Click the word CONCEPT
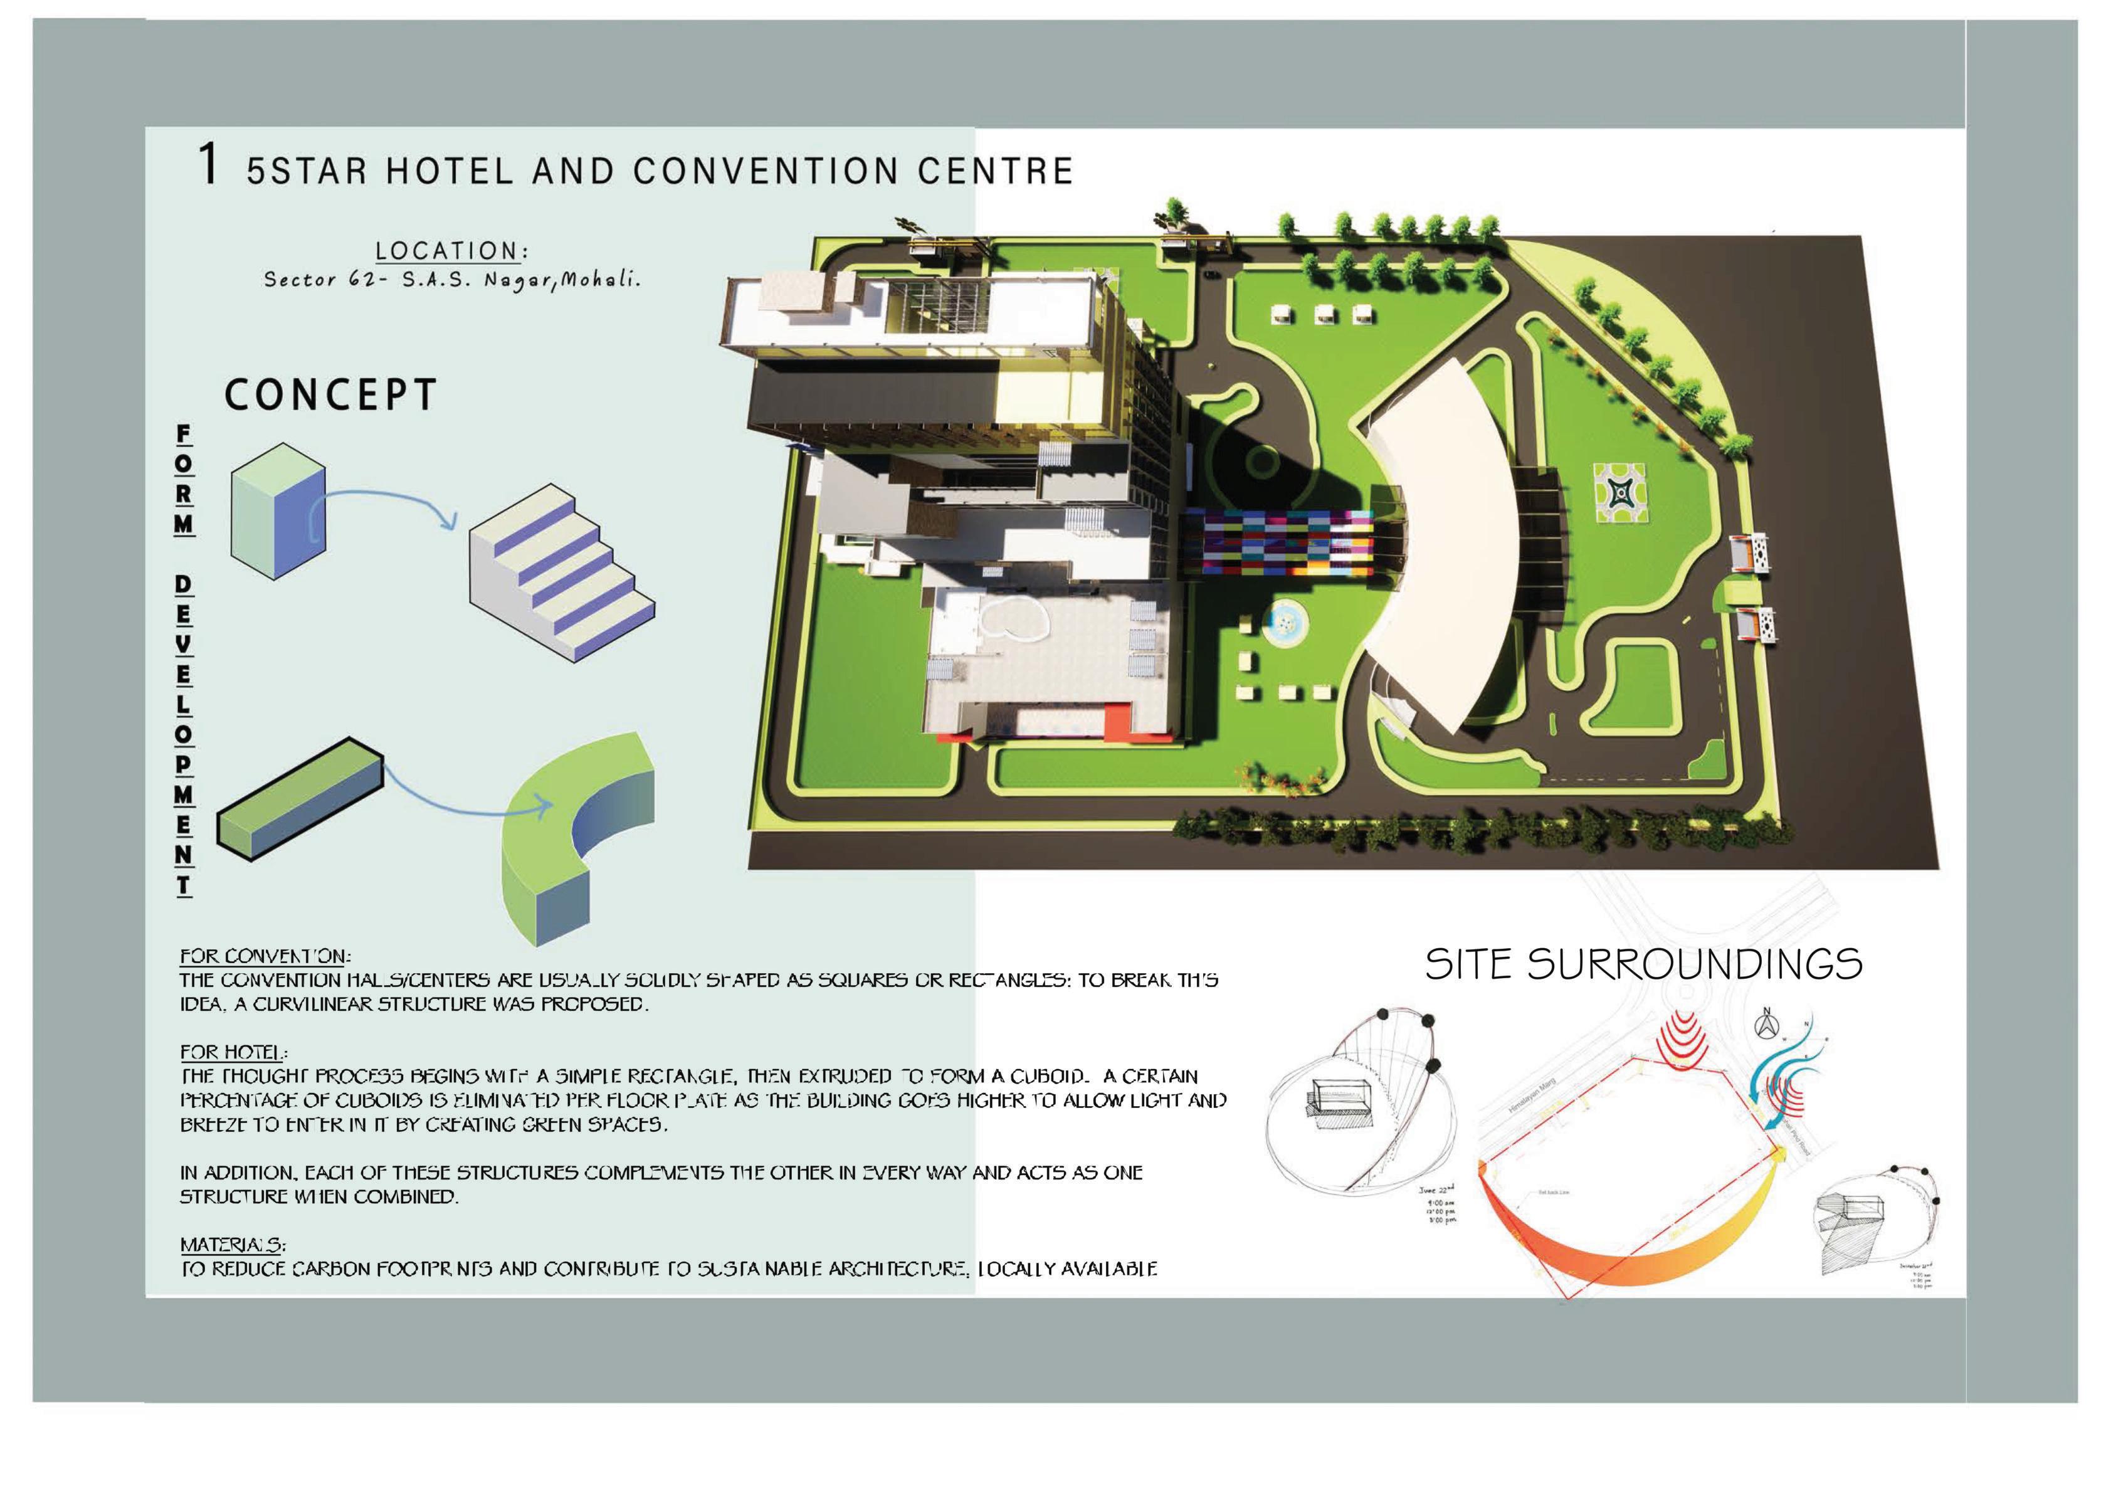(x=329, y=395)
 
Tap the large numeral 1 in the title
(x=209, y=166)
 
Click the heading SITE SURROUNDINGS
(x=1643, y=964)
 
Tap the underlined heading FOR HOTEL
(x=233, y=1052)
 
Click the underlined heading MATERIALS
(x=233, y=1245)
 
